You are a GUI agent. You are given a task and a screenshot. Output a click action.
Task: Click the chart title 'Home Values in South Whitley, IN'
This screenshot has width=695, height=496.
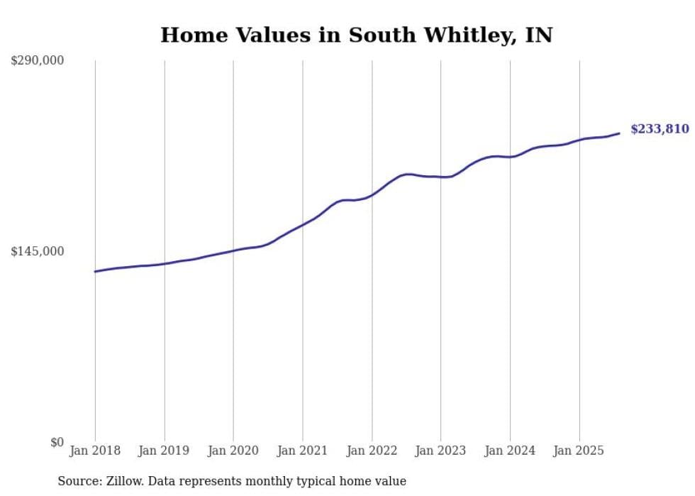tap(356, 35)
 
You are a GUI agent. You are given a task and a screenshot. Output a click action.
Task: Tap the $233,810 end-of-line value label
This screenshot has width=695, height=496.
tap(660, 129)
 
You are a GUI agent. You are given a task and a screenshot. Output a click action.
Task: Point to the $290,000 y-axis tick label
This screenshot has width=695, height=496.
tap(37, 61)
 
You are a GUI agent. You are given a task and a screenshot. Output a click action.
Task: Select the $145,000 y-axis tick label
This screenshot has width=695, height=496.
tap(37, 251)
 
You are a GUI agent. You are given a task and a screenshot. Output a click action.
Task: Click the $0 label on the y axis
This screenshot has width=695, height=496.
tap(57, 443)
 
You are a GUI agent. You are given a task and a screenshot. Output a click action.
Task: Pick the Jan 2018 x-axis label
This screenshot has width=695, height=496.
tap(95, 451)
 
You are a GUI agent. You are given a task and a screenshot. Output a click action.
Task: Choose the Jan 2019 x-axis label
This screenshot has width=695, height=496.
tap(165, 451)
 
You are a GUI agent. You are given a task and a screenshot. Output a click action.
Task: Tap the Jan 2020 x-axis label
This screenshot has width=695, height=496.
tap(233, 451)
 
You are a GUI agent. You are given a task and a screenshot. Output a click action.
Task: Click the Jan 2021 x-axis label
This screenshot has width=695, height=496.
tap(303, 451)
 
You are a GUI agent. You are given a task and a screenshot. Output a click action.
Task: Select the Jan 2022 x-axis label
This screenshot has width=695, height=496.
tap(372, 451)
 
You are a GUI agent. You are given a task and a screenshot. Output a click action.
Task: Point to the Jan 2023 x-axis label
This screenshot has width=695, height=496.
tap(441, 451)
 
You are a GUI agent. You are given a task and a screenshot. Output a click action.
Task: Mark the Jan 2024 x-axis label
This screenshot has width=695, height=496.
tap(510, 451)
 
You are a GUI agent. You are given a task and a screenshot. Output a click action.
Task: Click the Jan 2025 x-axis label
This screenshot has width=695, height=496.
tap(579, 451)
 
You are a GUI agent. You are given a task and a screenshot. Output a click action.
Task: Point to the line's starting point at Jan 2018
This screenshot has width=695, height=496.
tap(95, 272)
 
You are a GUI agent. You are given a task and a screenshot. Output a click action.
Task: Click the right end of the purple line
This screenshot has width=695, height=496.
tap(620, 133)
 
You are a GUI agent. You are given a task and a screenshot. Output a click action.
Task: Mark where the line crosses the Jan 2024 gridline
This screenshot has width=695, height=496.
tap(510, 157)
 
